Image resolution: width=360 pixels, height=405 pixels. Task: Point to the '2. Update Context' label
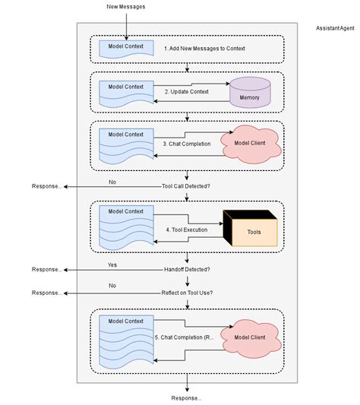187,91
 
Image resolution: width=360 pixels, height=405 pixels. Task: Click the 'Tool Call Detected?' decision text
186,185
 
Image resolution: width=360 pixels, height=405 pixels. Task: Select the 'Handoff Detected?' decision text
186,270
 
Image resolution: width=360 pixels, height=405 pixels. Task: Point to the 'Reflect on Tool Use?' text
186,293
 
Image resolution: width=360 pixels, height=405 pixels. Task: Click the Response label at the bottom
186,397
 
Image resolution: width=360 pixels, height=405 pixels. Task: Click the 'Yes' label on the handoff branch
112,265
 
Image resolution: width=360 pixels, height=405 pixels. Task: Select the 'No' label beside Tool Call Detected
112,182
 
